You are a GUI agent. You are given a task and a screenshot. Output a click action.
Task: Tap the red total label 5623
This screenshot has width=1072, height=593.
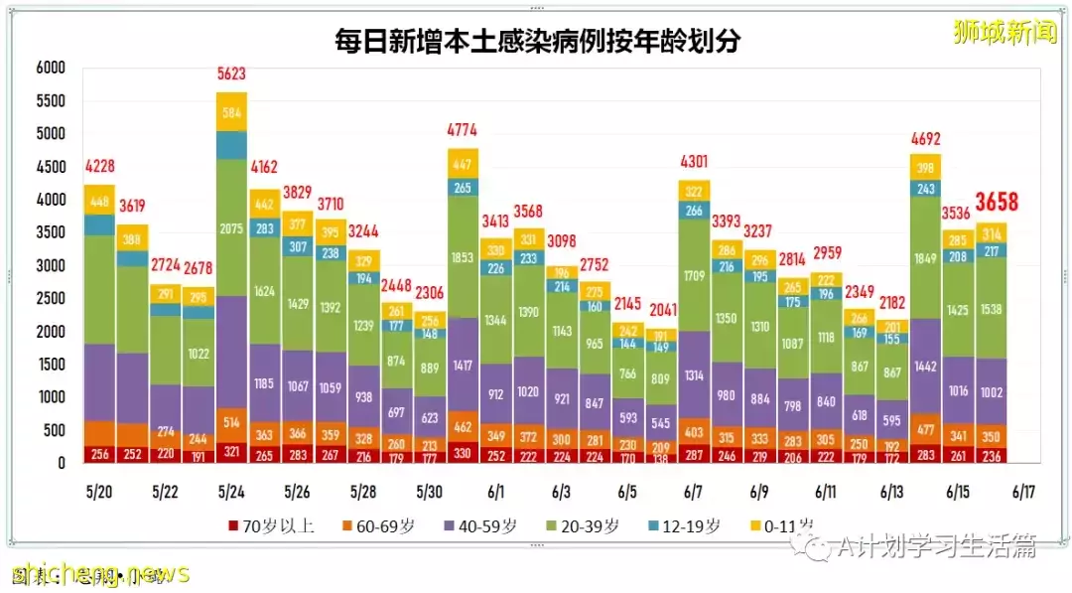[x=231, y=74]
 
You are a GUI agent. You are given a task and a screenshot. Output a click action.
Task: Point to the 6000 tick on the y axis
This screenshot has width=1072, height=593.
[x=50, y=68]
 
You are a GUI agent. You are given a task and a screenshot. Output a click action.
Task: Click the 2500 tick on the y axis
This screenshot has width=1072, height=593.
[x=50, y=298]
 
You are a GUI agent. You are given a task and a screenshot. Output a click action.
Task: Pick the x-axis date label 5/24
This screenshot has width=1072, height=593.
[x=231, y=492]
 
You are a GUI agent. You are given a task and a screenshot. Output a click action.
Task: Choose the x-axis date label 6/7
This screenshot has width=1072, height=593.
[x=693, y=492]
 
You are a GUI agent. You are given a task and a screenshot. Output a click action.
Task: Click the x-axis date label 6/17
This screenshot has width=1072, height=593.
[x=1022, y=492]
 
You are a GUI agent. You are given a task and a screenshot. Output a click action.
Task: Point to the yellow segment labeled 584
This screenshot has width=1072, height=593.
[x=231, y=112]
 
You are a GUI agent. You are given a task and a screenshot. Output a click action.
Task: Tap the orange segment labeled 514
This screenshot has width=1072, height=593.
[x=231, y=422]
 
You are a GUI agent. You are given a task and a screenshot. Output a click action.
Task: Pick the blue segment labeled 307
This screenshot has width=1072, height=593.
[x=297, y=247]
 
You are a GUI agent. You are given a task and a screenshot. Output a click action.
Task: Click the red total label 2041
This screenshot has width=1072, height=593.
[x=660, y=310]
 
